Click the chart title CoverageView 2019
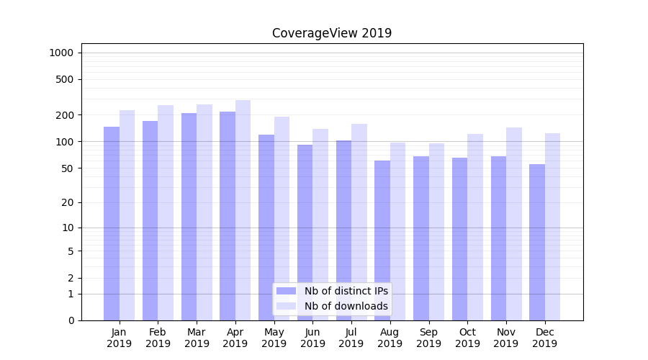[x=332, y=33]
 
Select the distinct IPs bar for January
[x=112, y=223]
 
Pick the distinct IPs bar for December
[x=537, y=242]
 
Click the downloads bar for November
[x=514, y=224]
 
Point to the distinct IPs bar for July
[x=343, y=230]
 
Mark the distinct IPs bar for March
[x=189, y=217]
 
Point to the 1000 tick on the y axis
[x=61, y=53]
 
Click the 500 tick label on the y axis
[x=66, y=79]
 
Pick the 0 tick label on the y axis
[x=71, y=320]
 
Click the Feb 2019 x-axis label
[x=158, y=338]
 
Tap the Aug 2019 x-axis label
[x=390, y=338]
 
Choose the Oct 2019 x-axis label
[x=467, y=338]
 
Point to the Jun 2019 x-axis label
[x=312, y=338]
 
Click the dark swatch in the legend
[x=287, y=291]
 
